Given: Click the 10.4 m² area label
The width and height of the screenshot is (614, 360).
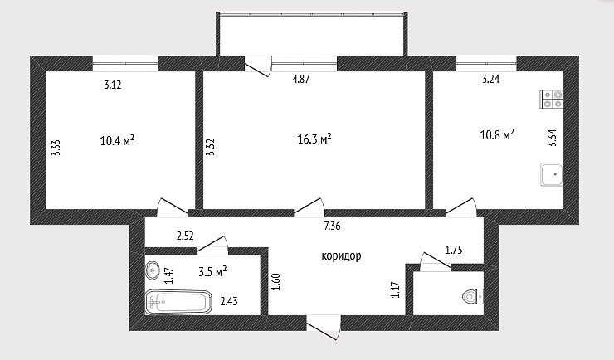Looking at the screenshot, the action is (x=118, y=140).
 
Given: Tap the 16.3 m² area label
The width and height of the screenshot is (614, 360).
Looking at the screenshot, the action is (x=314, y=139).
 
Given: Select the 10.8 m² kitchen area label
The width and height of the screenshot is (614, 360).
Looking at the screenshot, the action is (x=497, y=135).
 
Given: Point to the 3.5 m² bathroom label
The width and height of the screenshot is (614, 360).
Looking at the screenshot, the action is (x=213, y=271).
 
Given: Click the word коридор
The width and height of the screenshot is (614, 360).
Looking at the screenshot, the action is (x=341, y=256).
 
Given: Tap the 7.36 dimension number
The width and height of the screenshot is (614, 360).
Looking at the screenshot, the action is (x=332, y=226).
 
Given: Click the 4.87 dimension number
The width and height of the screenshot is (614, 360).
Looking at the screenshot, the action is (x=301, y=79).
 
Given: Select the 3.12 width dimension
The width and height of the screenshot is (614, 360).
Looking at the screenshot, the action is (x=113, y=85).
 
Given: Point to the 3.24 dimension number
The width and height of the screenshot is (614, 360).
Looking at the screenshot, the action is (x=490, y=79).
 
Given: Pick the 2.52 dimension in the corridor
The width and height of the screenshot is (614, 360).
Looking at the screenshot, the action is (x=185, y=236).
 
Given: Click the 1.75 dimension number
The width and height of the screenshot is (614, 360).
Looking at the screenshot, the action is (x=454, y=250).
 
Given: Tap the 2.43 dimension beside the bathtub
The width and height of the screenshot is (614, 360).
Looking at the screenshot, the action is (x=229, y=301).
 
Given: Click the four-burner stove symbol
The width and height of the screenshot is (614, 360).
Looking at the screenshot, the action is (x=552, y=99).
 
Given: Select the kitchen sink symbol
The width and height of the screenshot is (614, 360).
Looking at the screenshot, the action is (x=552, y=174).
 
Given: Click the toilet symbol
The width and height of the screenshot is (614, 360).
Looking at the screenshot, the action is (x=473, y=296).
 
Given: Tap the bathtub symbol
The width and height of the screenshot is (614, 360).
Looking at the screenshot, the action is (x=178, y=302).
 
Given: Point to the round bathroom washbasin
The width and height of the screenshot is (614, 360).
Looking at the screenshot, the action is (x=152, y=270).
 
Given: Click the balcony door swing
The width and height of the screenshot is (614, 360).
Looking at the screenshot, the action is (x=258, y=66).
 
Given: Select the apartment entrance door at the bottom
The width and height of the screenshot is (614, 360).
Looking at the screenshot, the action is (x=324, y=328).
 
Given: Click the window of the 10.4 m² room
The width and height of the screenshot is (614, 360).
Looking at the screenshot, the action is (x=125, y=64).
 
